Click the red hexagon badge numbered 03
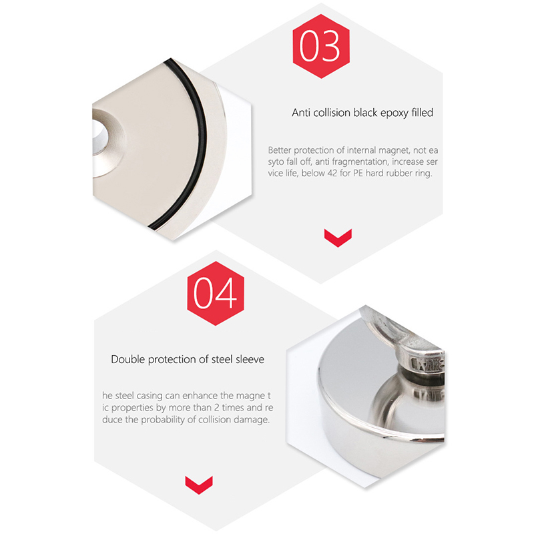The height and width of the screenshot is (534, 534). pyautogui.click(x=321, y=46)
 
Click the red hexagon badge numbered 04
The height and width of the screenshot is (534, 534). pyautogui.click(x=216, y=293)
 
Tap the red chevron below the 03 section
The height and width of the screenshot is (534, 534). pyautogui.click(x=338, y=238)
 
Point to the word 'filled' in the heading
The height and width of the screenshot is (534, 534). pyautogui.click(x=423, y=112)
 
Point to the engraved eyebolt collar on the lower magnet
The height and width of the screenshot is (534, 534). pyautogui.click(x=428, y=364)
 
